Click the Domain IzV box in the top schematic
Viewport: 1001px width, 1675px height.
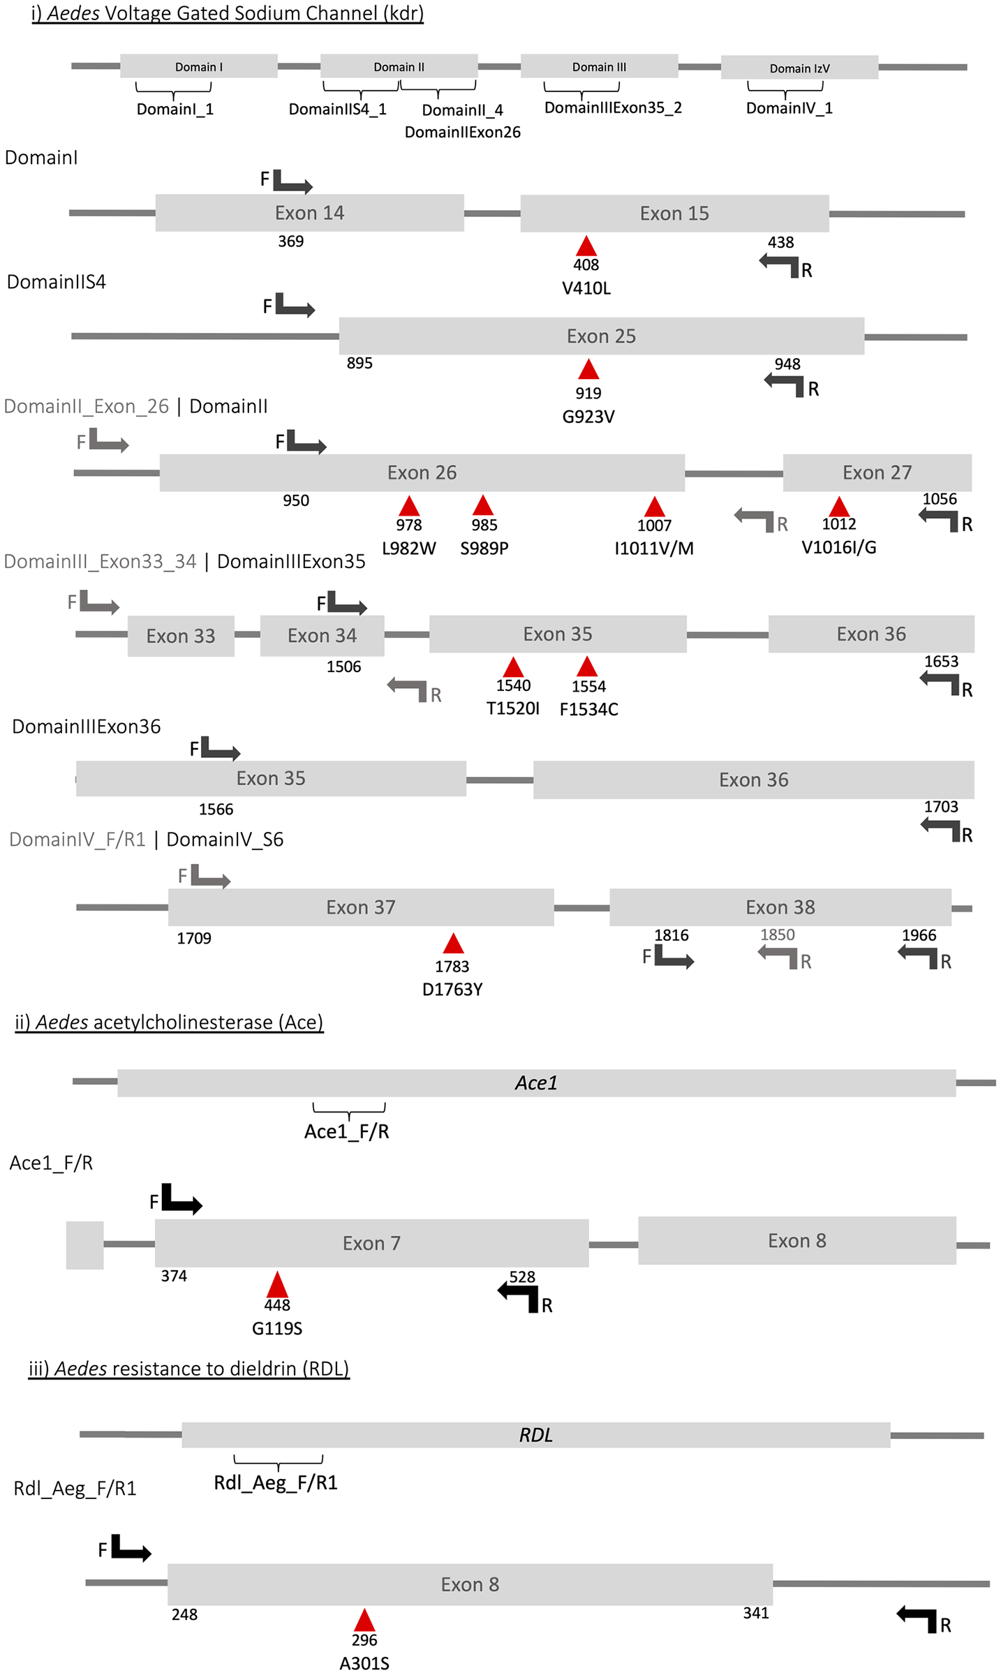click(x=799, y=68)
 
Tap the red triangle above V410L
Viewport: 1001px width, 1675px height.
click(x=586, y=246)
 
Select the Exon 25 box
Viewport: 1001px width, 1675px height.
click(x=601, y=336)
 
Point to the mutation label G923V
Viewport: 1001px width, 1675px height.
click(x=588, y=417)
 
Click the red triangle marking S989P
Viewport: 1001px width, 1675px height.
click(x=483, y=505)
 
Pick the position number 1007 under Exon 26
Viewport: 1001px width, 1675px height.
click(x=654, y=526)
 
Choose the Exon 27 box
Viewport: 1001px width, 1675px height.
click(x=877, y=472)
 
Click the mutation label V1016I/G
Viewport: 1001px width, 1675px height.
click(x=838, y=547)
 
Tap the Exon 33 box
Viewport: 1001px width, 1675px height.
click(x=181, y=636)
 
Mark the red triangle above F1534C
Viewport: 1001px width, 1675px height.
click(x=588, y=667)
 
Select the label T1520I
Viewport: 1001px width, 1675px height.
click(x=513, y=708)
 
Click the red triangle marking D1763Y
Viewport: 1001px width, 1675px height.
click(x=454, y=944)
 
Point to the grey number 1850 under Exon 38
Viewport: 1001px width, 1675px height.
click(x=778, y=935)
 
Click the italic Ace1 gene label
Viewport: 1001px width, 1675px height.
click(x=536, y=1082)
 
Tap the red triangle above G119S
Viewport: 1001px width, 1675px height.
click(x=277, y=1285)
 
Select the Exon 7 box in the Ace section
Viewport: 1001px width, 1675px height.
click(x=371, y=1243)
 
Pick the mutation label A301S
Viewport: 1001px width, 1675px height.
click(x=364, y=1663)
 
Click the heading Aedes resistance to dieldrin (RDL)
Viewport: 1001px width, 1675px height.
click(x=188, y=1368)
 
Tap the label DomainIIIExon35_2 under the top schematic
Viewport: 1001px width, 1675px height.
click(x=613, y=107)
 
